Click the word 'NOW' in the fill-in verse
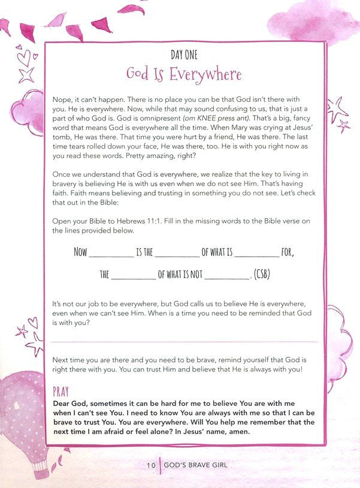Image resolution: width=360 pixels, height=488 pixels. coord(81,252)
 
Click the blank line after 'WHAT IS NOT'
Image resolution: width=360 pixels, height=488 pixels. coord(227,278)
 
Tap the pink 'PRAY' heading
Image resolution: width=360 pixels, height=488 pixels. coord(61,392)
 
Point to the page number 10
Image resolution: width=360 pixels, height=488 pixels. coord(152,465)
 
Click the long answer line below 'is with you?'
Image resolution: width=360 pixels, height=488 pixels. coord(186,342)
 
